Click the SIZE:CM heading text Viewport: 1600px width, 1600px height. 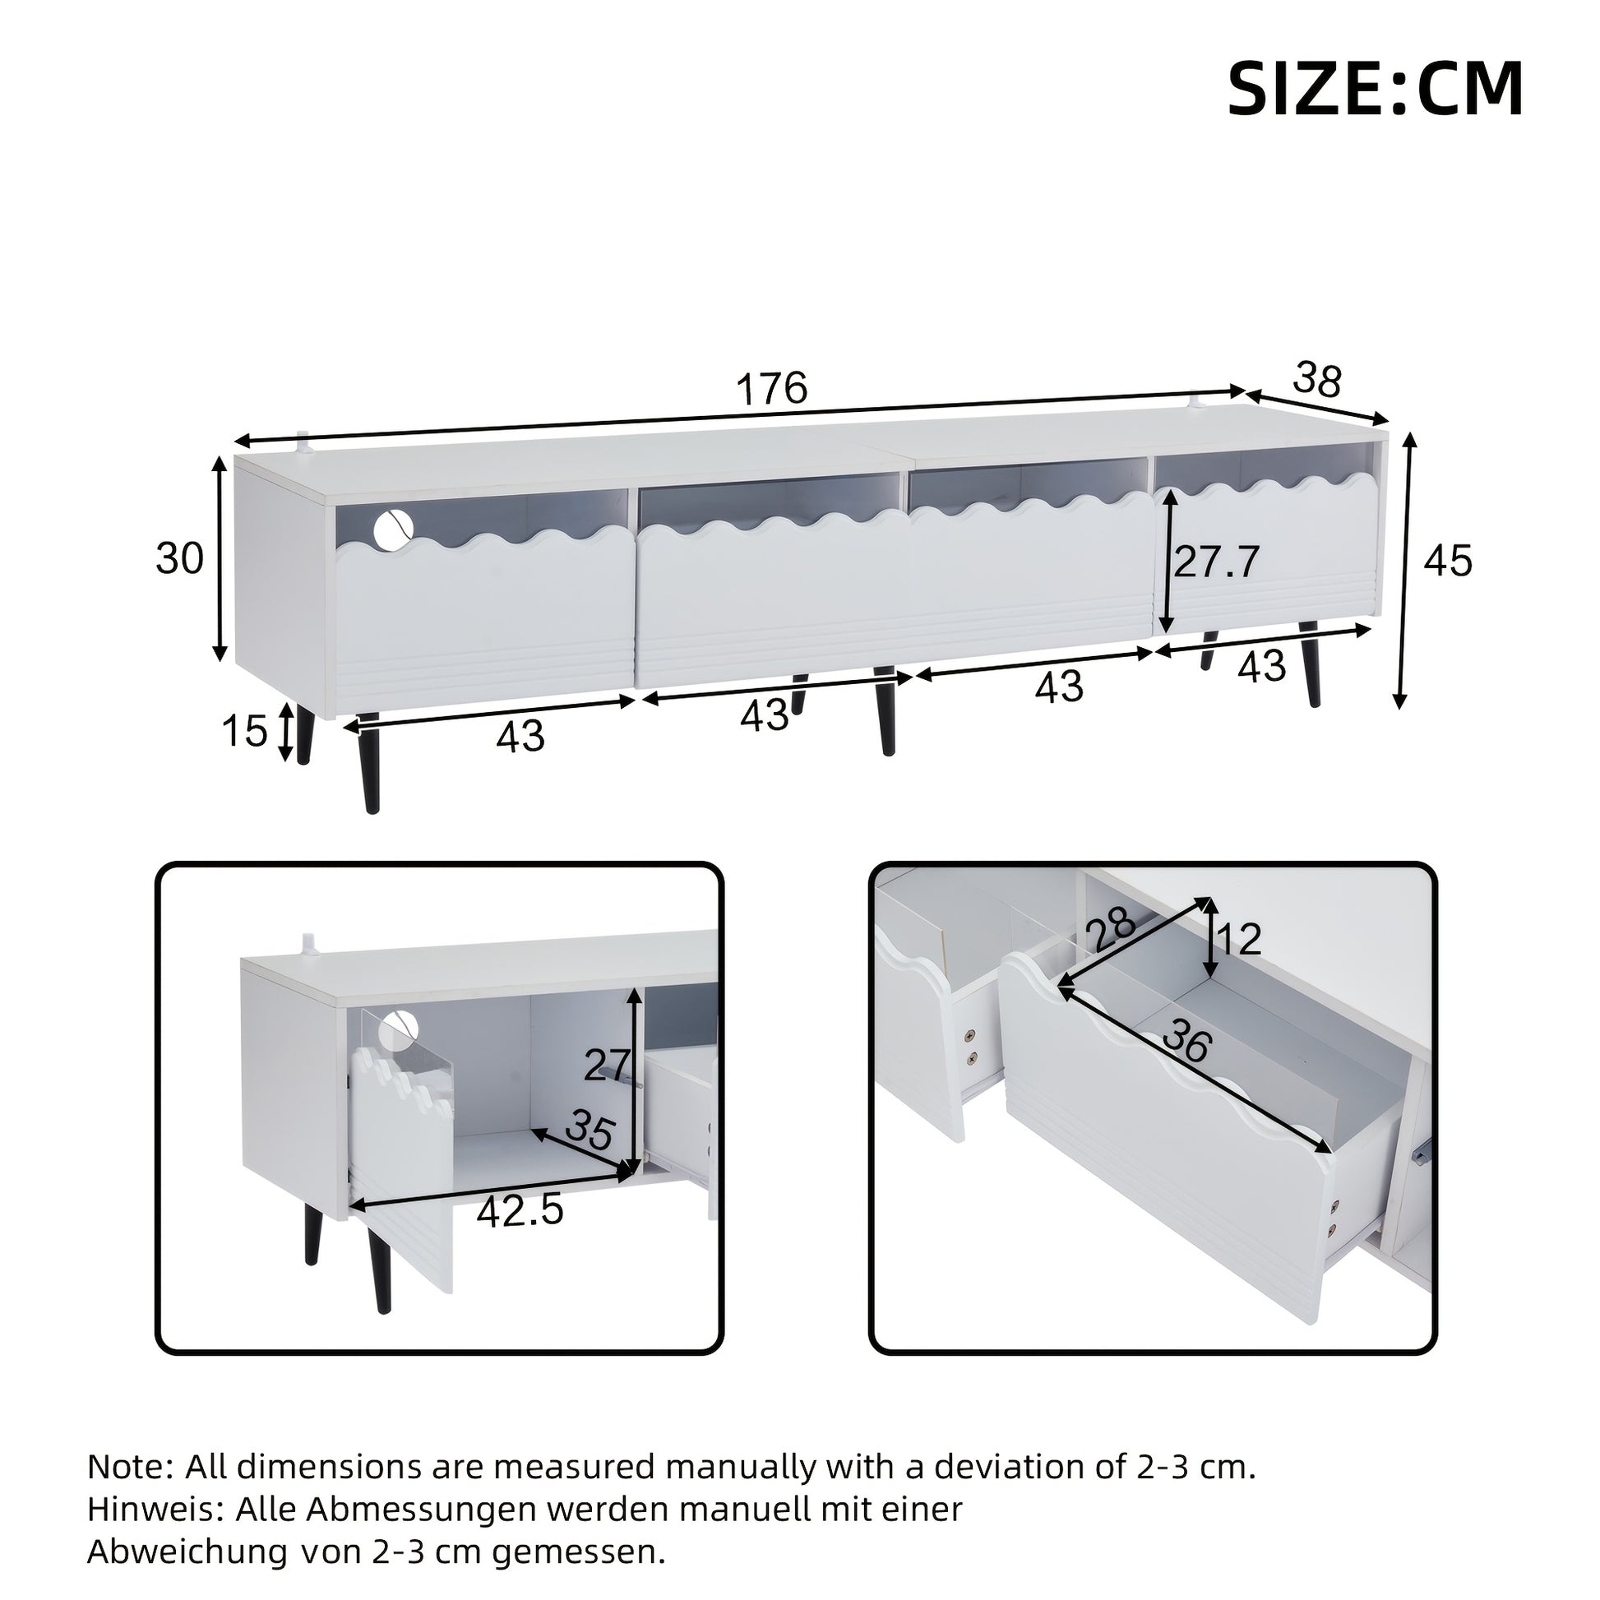point(1375,90)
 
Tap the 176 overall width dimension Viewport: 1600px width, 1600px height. point(772,386)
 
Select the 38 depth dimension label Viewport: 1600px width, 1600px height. point(1317,380)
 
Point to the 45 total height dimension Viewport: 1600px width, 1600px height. point(1449,561)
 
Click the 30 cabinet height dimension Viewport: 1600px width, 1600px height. point(180,558)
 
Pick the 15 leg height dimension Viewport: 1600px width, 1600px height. point(244,730)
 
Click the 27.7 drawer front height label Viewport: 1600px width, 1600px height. point(1217,562)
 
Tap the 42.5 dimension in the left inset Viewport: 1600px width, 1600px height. point(520,1210)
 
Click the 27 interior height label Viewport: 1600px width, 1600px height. point(608,1064)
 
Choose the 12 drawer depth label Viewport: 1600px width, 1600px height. point(1240,939)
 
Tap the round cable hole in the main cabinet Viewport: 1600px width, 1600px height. point(393,528)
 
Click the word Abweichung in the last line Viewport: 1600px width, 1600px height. point(187,1551)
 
